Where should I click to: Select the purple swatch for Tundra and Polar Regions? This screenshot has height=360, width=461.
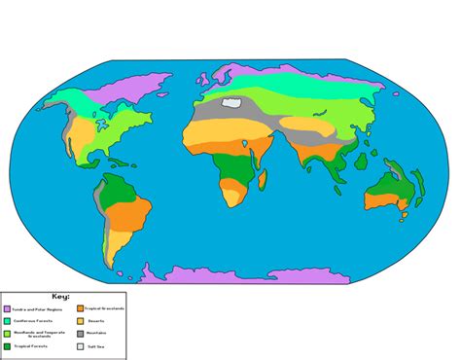[x=7, y=308]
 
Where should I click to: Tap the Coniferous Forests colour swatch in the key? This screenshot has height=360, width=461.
[x=7, y=321]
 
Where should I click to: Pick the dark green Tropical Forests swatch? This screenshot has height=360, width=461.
[x=7, y=346]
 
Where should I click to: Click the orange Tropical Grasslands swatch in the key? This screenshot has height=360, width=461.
[x=80, y=308]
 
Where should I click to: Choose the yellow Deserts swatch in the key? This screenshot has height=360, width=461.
[x=80, y=321]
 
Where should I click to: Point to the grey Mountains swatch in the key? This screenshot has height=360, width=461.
[x=80, y=334]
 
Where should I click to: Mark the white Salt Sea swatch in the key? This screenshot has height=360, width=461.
[x=80, y=346]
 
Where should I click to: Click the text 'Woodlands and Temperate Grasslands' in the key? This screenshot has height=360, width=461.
[x=38, y=334]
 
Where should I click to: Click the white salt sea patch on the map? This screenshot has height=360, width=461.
[x=231, y=100]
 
